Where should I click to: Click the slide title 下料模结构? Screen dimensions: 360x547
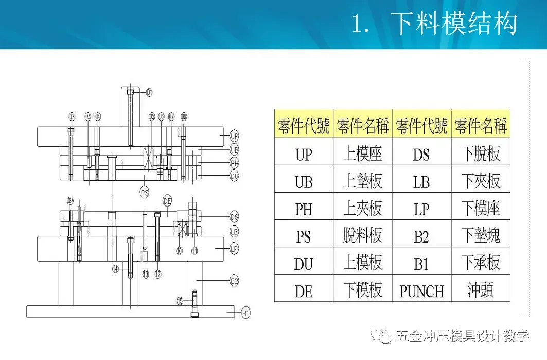click(x=453, y=24)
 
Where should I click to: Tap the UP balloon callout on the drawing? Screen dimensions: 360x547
click(x=235, y=136)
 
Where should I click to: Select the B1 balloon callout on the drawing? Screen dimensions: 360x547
click(x=246, y=312)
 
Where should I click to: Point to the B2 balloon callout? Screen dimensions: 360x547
click(x=235, y=281)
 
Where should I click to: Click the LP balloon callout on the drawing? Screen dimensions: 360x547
click(x=234, y=249)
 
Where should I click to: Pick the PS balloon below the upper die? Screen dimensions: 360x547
click(x=145, y=193)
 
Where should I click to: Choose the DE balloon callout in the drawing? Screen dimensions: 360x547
click(x=167, y=200)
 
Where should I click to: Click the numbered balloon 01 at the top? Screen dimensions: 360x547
click(x=149, y=93)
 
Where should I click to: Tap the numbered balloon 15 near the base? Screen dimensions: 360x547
click(x=180, y=301)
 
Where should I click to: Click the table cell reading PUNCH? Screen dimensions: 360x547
click(x=421, y=291)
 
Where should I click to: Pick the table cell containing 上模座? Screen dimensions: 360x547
click(x=363, y=153)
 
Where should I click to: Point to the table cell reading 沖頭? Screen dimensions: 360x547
click(x=481, y=290)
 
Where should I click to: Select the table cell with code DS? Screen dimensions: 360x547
click(x=421, y=154)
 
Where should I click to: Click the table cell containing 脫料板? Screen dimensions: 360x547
click(x=363, y=236)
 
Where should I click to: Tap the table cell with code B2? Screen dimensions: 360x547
click(x=421, y=236)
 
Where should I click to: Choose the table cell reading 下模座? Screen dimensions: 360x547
click(x=481, y=209)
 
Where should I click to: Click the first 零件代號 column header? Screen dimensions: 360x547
click(x=304, y=125)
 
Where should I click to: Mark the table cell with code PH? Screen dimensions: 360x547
click(x=304, y=209)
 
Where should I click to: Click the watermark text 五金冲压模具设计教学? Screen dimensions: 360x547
click(x=463, y=337)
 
